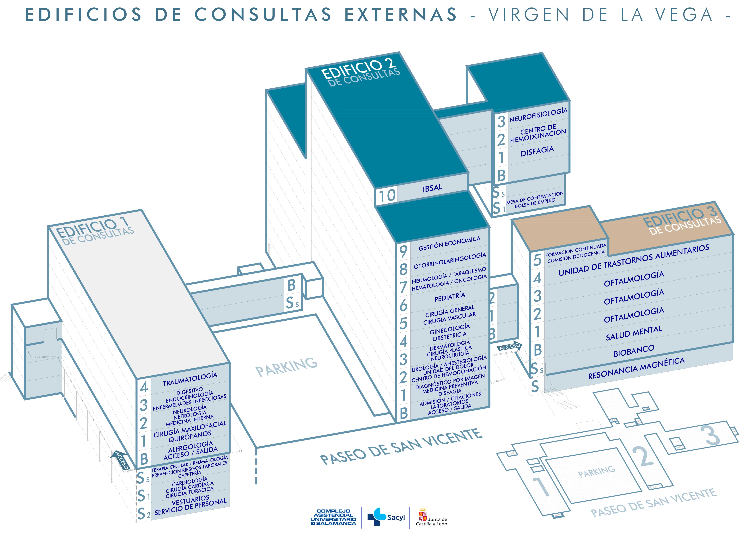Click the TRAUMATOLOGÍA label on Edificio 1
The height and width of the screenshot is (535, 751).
[190, 379]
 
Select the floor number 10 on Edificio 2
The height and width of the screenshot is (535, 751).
[387, 196]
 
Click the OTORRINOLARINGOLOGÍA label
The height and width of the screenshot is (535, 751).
[450, 260]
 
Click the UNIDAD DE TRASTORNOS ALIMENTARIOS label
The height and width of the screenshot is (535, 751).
[634, 260]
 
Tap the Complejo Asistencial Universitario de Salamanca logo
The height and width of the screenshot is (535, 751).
[333, 517]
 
